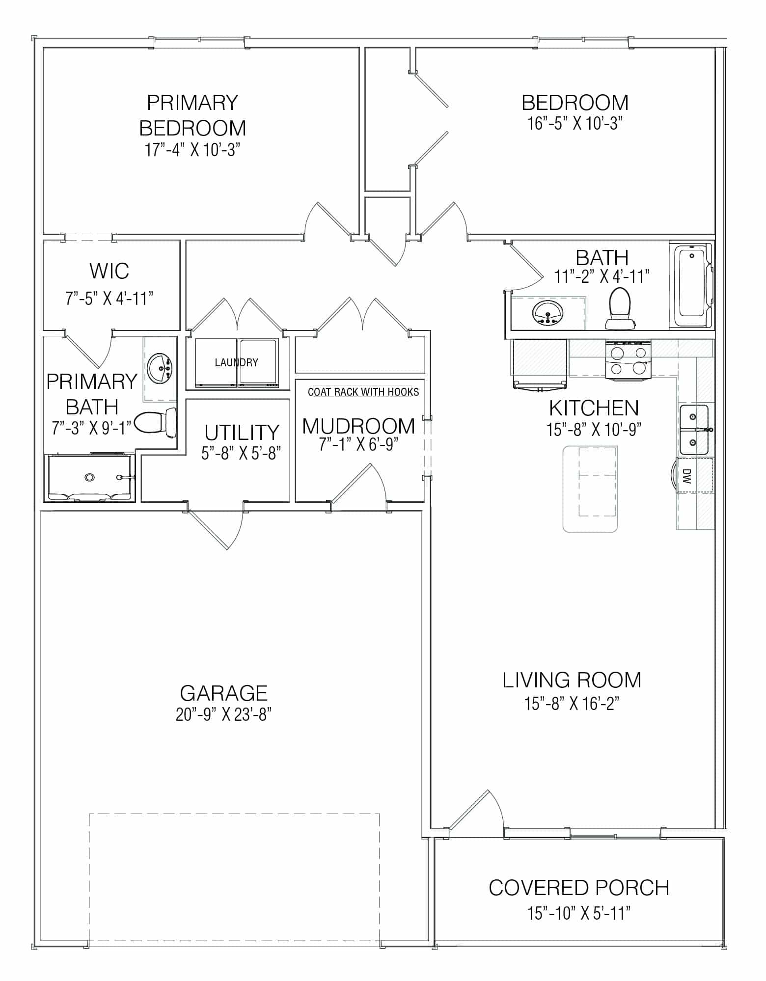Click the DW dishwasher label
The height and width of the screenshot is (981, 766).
pos(686,476)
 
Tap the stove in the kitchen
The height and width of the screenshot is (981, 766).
pos(628,360)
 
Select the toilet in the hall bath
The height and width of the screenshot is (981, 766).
pos(620,308)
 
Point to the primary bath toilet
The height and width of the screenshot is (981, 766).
pos(155,423)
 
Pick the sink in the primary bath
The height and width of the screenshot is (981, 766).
pos(159,368)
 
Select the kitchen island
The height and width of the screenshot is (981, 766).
pos(590,489)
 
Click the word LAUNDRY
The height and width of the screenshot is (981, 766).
pos(236,362)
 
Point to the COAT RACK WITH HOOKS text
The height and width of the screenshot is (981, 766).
pos(363,392)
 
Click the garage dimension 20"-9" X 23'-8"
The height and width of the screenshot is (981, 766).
pos(223,715)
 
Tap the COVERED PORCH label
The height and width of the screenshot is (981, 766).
pos(579,888)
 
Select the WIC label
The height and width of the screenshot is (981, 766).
pos(109,271)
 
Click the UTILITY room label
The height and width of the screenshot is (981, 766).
pos(242,433)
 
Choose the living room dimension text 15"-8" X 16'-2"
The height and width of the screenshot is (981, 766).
pos(572,704)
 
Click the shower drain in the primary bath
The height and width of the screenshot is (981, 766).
pos(89,477)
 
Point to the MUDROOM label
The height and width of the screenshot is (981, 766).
pos(358,426)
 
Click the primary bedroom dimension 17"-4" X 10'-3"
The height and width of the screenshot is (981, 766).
pos(192,149)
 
